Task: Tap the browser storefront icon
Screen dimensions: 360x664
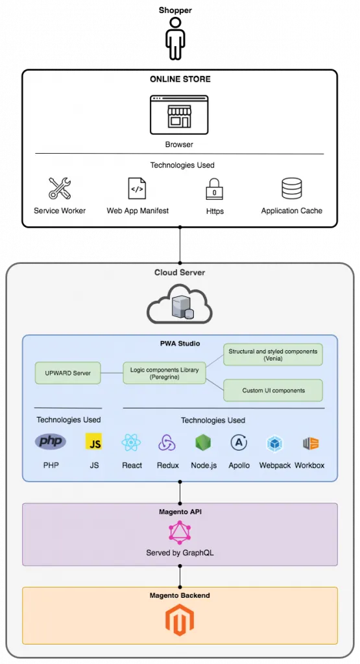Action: (x=179, y=115)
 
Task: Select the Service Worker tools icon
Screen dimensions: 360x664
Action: (x=60, y=189)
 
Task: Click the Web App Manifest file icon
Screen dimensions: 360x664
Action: (x=137, y=189)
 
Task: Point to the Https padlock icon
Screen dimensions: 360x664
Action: (x=214, y=189)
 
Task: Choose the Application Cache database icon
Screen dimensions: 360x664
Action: (x=292, y=189)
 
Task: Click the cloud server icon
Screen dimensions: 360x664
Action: (x=180, y=304)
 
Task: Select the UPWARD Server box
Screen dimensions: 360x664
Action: (x=67, y=373)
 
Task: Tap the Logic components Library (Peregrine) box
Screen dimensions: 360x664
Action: (x=164, y=373)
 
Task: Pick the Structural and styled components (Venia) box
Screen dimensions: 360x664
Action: (x=272, y=355)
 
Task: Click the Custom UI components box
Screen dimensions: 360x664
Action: (x=272, y=390)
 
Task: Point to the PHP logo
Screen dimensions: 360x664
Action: (x=51, y=442)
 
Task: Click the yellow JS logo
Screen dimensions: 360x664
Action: (x=93, y=441)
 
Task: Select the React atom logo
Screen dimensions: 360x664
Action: (x=131, y=442)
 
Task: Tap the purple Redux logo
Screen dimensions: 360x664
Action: (x=167, y=443)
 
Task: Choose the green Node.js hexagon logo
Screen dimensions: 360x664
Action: (x=203, y=443)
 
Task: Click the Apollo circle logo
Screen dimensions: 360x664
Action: (x=239, y=443)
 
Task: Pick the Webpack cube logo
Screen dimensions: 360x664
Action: (x=275, y=444)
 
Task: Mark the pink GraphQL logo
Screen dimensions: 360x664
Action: (x=180, y=532)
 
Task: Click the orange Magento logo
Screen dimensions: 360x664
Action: (x=180, y=620)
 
